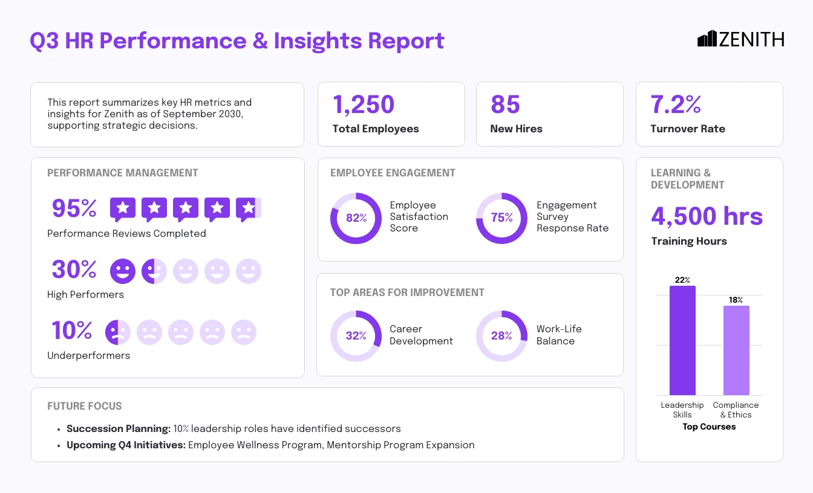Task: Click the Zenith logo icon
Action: click(707, 39)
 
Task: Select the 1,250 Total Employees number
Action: click(364, 105)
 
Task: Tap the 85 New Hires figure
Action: click(505, 105)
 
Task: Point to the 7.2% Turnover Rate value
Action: click(676, 105)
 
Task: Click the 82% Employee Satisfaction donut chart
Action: click(356, 218)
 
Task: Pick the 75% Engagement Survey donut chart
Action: click(501, 218)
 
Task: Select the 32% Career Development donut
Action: click(356, 336)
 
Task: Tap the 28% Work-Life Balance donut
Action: click(501, 336)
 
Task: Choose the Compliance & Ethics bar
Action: click(736, 350)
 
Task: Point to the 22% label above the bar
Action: click(682, 280)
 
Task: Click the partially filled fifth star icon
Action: click(248, 209)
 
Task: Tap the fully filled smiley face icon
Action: click(122, 271)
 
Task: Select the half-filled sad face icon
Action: click(117, 332)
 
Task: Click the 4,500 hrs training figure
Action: click(707, 216)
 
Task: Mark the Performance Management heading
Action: click(123, 173)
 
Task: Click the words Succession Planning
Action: click(119, 428)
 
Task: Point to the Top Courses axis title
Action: click(709, 427)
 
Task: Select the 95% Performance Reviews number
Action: click(74, 208)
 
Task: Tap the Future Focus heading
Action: click(85, 406)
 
